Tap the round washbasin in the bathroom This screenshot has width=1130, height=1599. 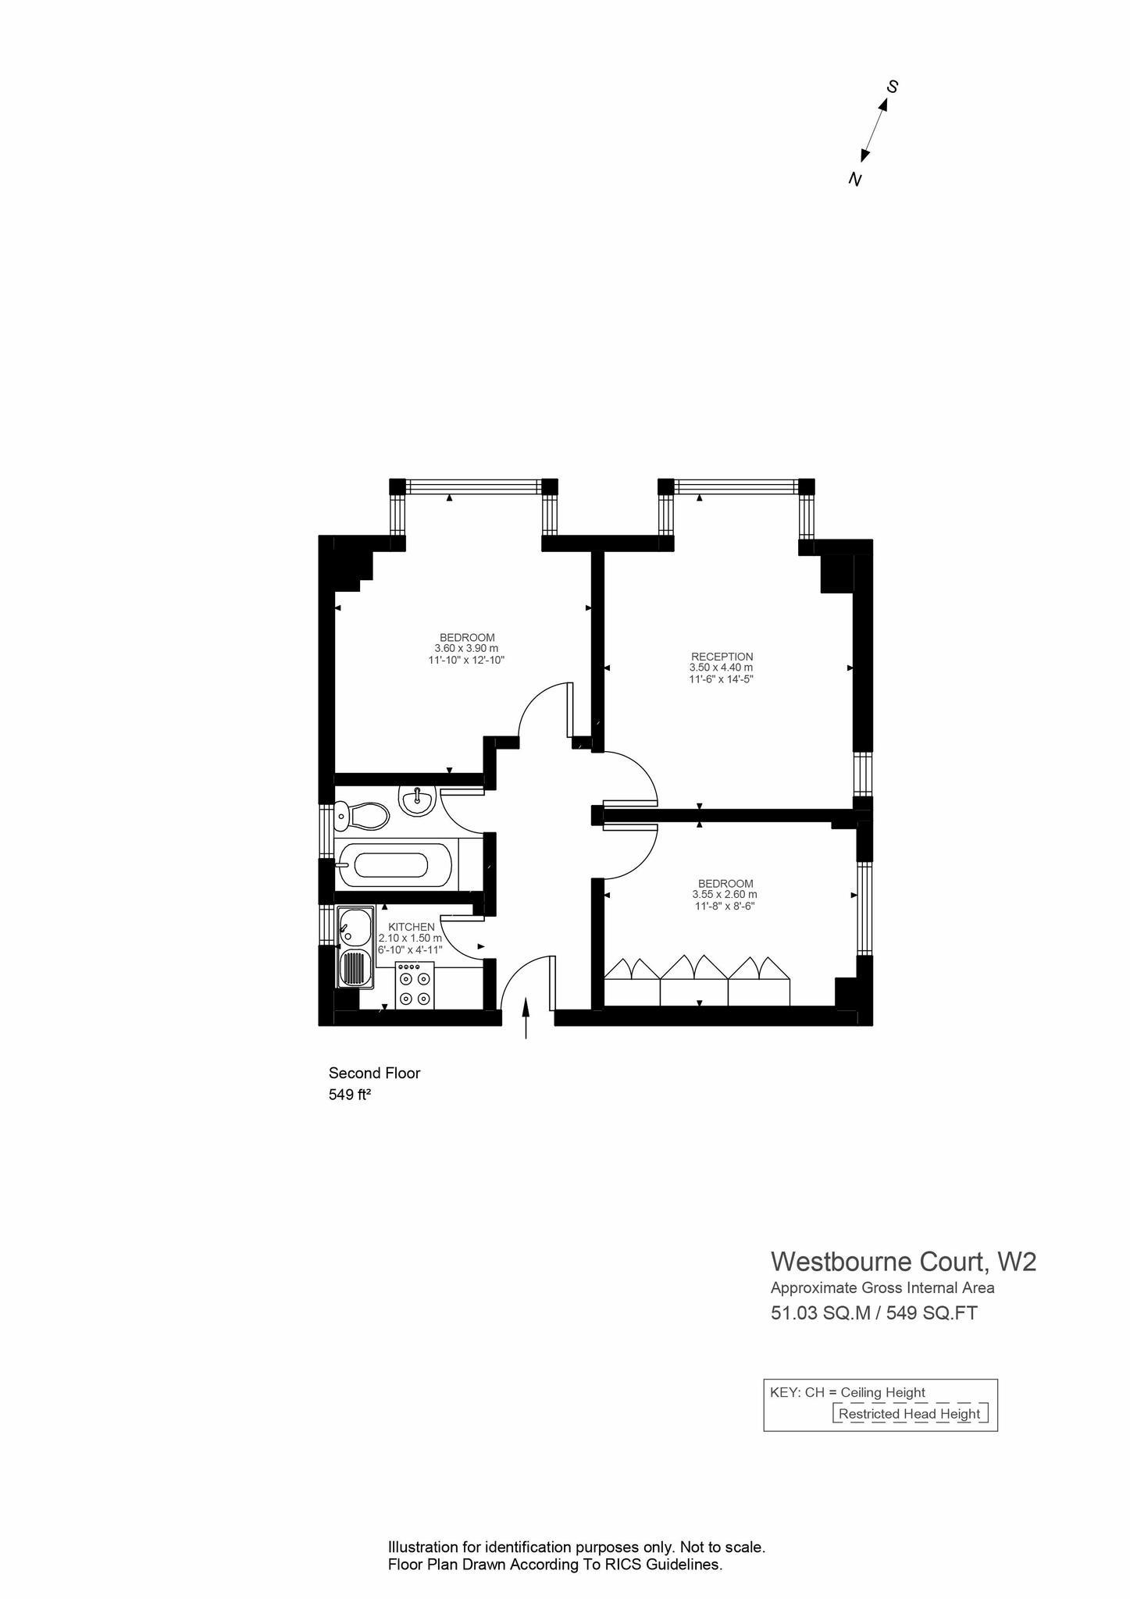tap(418, 800)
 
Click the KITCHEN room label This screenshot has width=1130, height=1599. tap(411, 927)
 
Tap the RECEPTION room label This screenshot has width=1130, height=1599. tap(722, 657)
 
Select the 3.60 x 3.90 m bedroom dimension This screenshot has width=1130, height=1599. tap(466, 648)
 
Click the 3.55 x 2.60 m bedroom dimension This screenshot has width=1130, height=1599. tap(725, 895)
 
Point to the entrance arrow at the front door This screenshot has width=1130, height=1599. tap(526, 1018)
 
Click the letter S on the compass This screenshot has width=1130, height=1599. tap(892, 87)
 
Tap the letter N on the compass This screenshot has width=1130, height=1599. tap(855, 180)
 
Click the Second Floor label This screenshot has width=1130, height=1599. tap(374, 1074)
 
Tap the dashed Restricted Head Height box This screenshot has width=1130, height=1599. tap(910, 1413)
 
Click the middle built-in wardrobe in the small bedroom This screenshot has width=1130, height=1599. tap(694, 980)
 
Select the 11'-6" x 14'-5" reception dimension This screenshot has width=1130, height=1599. tap(721, 679)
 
